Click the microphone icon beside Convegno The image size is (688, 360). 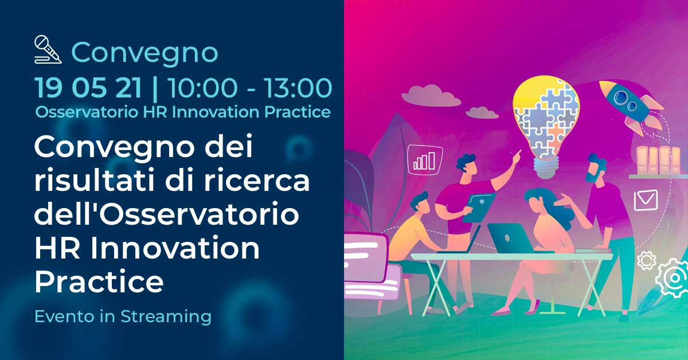pos(48,50)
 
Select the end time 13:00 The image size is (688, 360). pos(298,88)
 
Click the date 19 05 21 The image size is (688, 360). pos(88,88)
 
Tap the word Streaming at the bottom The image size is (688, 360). pos(166,316)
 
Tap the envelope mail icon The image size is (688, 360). pos(646,200)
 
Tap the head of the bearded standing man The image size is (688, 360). pos(596,168)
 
